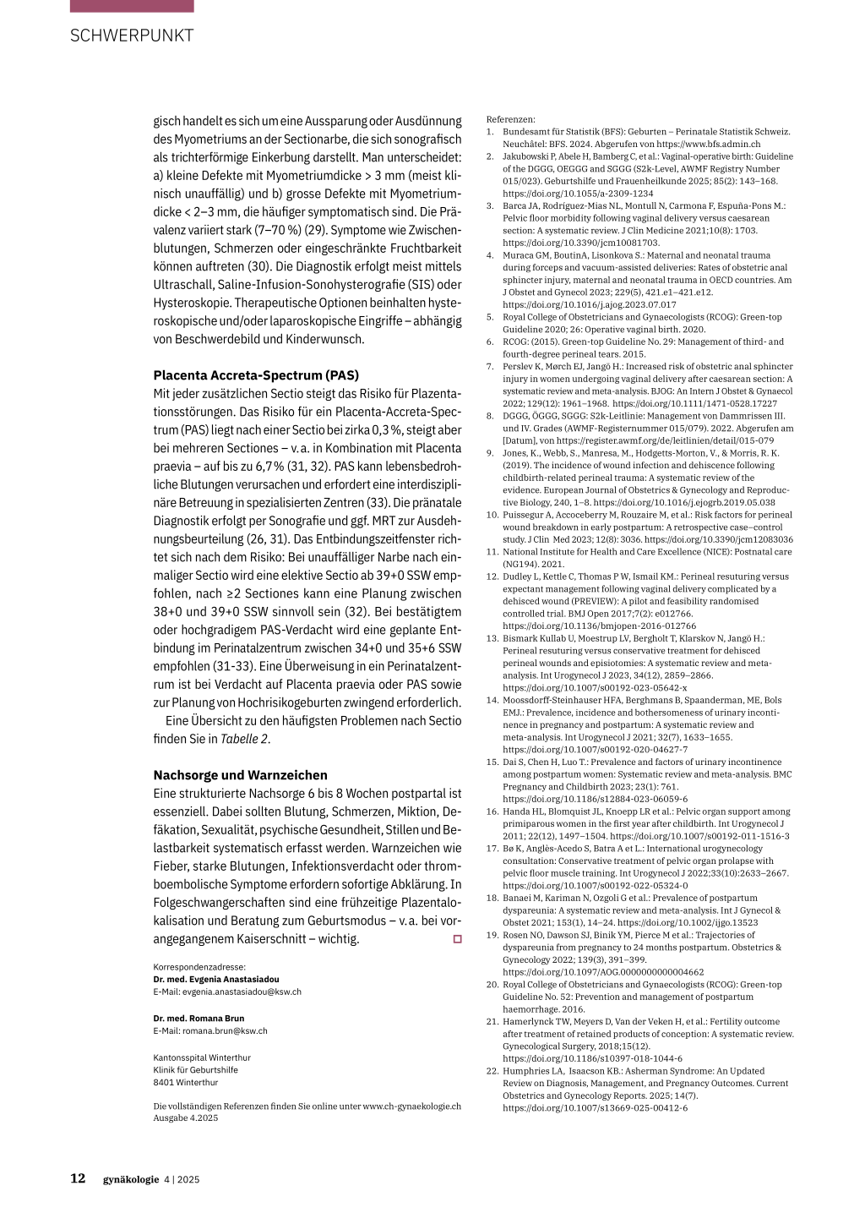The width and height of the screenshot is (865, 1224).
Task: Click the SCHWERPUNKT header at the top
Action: pos(132,36)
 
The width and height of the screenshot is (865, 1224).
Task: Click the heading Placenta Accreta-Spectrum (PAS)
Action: pos(256,375)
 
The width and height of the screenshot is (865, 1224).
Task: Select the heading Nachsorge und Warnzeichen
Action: pos(240,775)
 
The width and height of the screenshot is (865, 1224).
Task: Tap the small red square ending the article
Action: pos(458,939)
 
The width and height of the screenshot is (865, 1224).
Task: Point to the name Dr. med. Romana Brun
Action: pos(199,1019)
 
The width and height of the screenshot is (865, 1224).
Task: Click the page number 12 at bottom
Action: pos(78,1179)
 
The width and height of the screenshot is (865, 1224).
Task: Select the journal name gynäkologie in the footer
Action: pos(131,1180)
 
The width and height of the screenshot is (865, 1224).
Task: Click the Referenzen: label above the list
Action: pos(510,119)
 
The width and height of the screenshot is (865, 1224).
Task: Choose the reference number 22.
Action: pos(492,1071)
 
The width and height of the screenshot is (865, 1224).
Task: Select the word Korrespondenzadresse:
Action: pos(199,967)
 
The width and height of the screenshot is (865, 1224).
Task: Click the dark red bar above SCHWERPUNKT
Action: pos(132,6)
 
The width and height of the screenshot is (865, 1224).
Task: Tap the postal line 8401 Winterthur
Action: pos(186,1082)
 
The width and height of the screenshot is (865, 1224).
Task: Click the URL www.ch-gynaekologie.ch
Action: pos(412,1106)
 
